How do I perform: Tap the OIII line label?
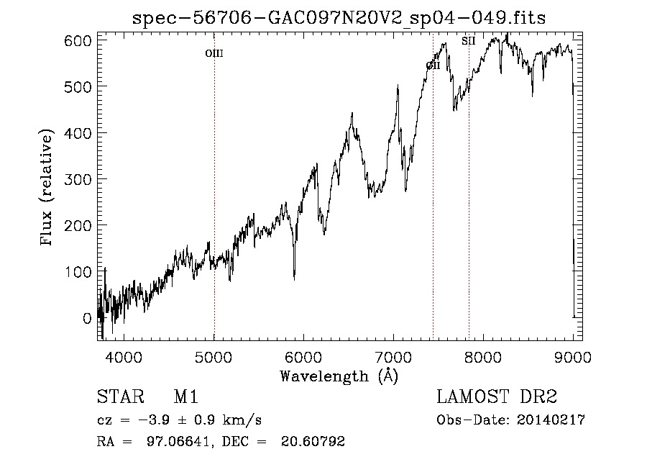coord(214,53)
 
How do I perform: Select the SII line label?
coord(469,41)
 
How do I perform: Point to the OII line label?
coord(433,65)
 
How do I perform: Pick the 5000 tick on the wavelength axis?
coord(214,357)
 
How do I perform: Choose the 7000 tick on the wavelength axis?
coord(394,357)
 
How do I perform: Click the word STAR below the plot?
coord(119,398)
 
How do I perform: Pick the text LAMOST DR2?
coord(497,398)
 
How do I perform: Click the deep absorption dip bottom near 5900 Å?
coord(294,278)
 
